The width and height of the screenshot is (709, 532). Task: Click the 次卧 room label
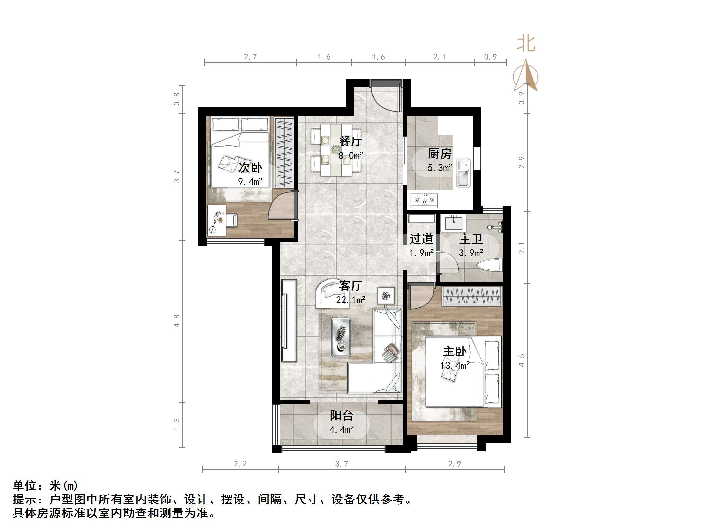pyautogui.click(x=250, y=167)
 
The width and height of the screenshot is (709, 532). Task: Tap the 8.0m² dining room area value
pyautogui.click(x=351, y=156)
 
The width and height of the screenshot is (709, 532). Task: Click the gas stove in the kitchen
pyautogui.click(x=424, y=200)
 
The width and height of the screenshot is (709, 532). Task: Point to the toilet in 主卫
pyautogui.click(x=490, y=265)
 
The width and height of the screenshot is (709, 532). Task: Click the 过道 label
pyautogui.click(x=421, y=239)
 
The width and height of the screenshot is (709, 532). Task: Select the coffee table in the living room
pyautogui.click(x=341, y=337)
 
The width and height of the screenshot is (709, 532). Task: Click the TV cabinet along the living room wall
pyautogui.click(x=289, y=320)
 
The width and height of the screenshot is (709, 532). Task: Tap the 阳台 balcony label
pyautogui.click(x=342, y=415)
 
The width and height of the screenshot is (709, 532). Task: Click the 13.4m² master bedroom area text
pyautogui.click(x=455, y=366)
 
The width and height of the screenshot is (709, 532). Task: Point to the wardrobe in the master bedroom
pyautogui.click(x=472, y=296)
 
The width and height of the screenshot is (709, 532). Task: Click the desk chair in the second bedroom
pyautogui.click(x=232, y=220)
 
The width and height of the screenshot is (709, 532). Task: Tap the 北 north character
pyautogui.click(x=526, y=44)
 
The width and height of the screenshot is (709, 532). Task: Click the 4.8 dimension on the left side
pyautogui.click(x=177, y=321)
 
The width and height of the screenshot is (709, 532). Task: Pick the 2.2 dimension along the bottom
pyautogui.click(x=240, y=464)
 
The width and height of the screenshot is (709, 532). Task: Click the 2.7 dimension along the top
pyautogui.click(x=250, y=57)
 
